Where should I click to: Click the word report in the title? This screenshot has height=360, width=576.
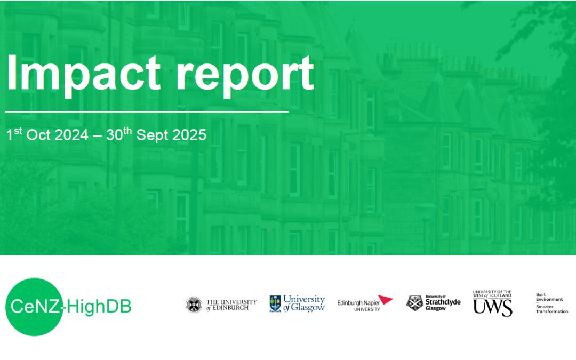(x=245, y=75)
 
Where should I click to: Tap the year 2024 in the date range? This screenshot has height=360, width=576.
(x=71, y=135)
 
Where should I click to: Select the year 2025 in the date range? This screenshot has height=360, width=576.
(x=189, y=135)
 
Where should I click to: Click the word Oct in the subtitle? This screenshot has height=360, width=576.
(x=38, y=135)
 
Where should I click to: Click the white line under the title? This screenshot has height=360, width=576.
(x=147, y=112)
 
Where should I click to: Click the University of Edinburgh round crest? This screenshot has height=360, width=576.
(x=194, y=305)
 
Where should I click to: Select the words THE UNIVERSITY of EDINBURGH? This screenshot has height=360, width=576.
(x=231, y=305)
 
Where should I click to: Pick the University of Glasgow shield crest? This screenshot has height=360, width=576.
(x=275, y=304)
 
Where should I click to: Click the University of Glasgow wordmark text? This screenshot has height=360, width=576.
(x=304, y=303)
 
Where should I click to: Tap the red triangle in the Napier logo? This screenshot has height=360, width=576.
(x=386, y=300)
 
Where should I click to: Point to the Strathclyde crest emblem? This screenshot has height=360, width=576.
(x=414, y=303)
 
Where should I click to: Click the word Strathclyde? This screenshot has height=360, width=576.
(x=443, y=303)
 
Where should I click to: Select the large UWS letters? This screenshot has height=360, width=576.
(x=492, y=307)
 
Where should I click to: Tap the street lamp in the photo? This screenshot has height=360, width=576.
(x=426, y=213)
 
